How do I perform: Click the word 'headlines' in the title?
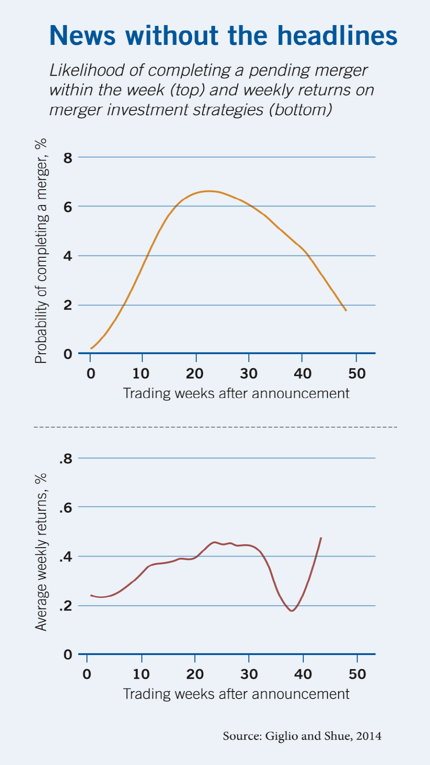pos(337,35)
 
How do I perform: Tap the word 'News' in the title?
pos(83,35)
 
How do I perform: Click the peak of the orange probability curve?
pos(208,191)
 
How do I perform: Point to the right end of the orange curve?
pos(346,311)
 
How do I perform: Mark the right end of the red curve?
pos(321,538)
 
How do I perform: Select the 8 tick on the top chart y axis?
pos(68,157)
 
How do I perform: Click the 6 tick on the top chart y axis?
pos(68,207)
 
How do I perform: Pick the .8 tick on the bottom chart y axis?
pos(66,459)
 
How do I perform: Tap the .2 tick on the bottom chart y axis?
pos(66,607)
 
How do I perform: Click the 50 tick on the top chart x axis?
pos(357,374)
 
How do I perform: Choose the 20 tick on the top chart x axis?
pos(195,374)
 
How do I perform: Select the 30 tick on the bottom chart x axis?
pos(249,674)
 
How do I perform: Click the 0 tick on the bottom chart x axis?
pos(87,674)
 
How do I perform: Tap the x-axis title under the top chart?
pos(236,393)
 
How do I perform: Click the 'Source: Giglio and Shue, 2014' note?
pos(302,736)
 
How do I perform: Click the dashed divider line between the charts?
pos(215,427)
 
